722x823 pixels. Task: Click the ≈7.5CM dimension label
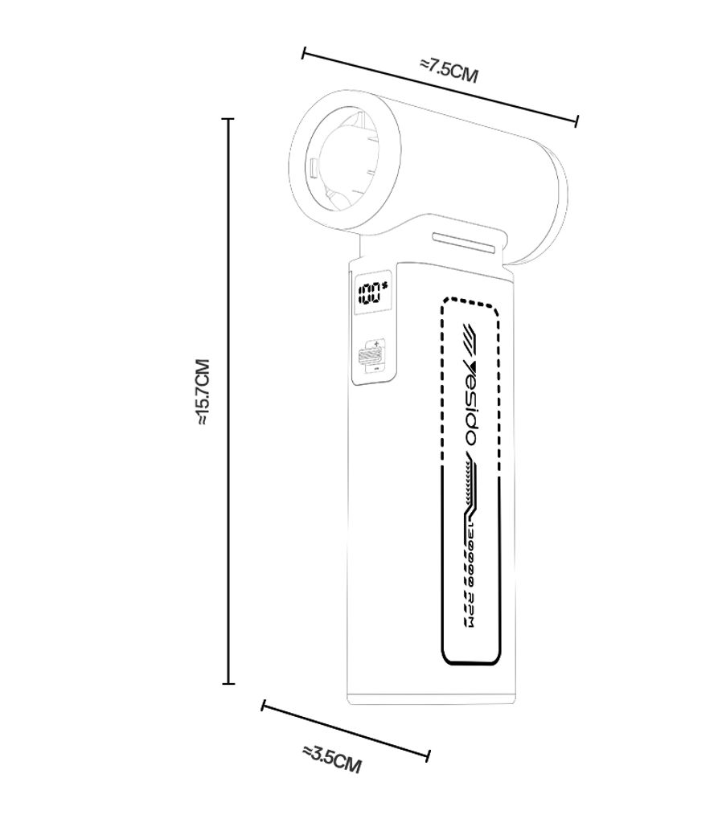point(449,71)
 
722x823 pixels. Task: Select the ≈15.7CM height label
point(203,391)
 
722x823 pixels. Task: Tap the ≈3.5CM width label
point(332,760)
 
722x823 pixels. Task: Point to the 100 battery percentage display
point(372,293)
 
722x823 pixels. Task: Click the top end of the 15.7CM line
point(228,120)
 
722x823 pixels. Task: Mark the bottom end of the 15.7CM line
point(228,683)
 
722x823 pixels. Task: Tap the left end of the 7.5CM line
point(304,53)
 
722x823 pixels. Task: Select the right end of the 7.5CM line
point(577,121)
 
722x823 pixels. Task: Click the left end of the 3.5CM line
point(263,706)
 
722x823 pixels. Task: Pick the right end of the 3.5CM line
point(429,756)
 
